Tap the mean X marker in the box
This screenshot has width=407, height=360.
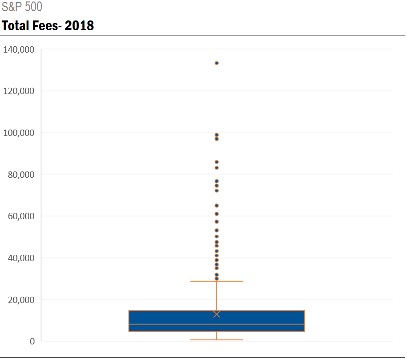pos(217,314)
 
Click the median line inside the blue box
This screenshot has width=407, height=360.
pos(217,324)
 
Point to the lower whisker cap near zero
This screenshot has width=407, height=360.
pos(217,340)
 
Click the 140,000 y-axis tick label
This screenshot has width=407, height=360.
pos(19,50)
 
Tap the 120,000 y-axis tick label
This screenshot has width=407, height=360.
pos(19,91)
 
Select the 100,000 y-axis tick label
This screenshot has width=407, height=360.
pos(19,133)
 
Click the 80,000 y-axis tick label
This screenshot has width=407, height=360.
pos(21,174)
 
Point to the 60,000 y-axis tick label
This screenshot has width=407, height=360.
pos(21,216)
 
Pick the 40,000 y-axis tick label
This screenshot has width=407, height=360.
pos(21,258)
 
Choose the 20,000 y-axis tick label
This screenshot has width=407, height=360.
pos(21,299)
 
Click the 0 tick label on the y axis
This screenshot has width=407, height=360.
pos(32,341)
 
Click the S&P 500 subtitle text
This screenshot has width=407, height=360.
pos(22,7)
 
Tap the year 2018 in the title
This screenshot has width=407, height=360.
pos(79,26)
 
